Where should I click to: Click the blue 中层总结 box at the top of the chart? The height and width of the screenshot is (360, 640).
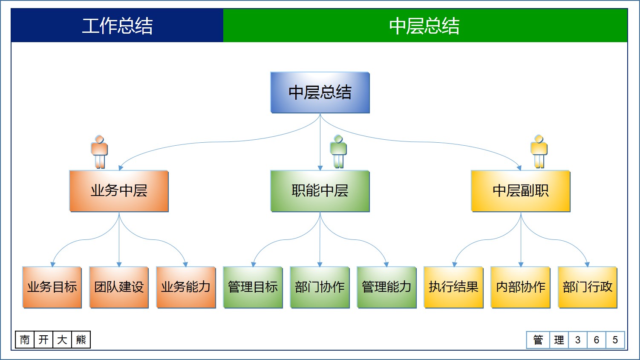[320, 92]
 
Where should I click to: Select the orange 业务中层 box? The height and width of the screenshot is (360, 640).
[119, 191]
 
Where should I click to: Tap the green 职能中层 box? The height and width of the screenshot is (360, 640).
[320, 191]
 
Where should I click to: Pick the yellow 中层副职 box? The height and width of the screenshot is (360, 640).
[520, 191]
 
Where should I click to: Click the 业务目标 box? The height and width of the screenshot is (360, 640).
[52, 287]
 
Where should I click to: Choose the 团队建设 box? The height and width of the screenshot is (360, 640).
[119, 287]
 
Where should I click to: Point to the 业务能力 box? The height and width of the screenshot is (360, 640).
[186, 287]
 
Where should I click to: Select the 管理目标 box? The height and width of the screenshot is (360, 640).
[253, 287]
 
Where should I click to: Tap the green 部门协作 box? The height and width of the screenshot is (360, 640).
[320, 287]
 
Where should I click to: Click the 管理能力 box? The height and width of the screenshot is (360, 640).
[386, 287]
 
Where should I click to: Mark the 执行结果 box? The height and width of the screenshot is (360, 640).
[453, 287]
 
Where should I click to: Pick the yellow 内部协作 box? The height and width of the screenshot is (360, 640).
[520, 287]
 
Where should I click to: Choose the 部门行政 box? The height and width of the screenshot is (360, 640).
[587, 287]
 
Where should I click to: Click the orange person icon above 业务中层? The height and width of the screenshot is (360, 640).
[99, 152]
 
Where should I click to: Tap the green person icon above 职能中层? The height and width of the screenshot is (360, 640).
[338, 152]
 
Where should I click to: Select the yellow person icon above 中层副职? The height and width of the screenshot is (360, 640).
[539, 152]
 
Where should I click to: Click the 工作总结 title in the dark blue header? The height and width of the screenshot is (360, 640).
[117, 26]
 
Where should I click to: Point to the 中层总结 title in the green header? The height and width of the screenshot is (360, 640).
[424, 26]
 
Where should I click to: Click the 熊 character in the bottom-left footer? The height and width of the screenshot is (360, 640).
[81, 340]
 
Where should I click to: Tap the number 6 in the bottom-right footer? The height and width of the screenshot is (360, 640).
[597, 340]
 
